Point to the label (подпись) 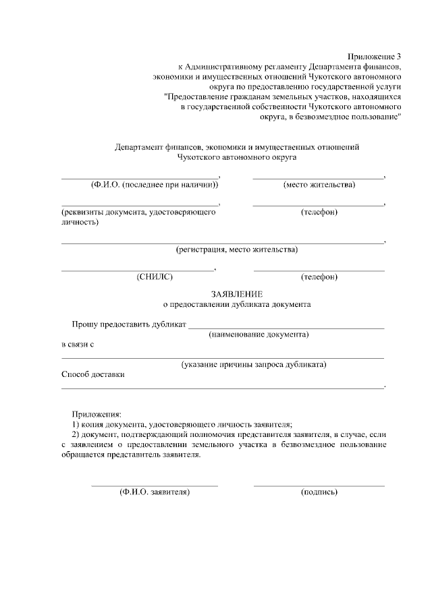(x=319, y=492)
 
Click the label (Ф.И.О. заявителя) (x=155, y=492)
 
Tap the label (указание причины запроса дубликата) (x=254, y=365)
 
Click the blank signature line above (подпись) (x=319, y=485)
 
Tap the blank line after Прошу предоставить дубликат (x=286, y=328)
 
